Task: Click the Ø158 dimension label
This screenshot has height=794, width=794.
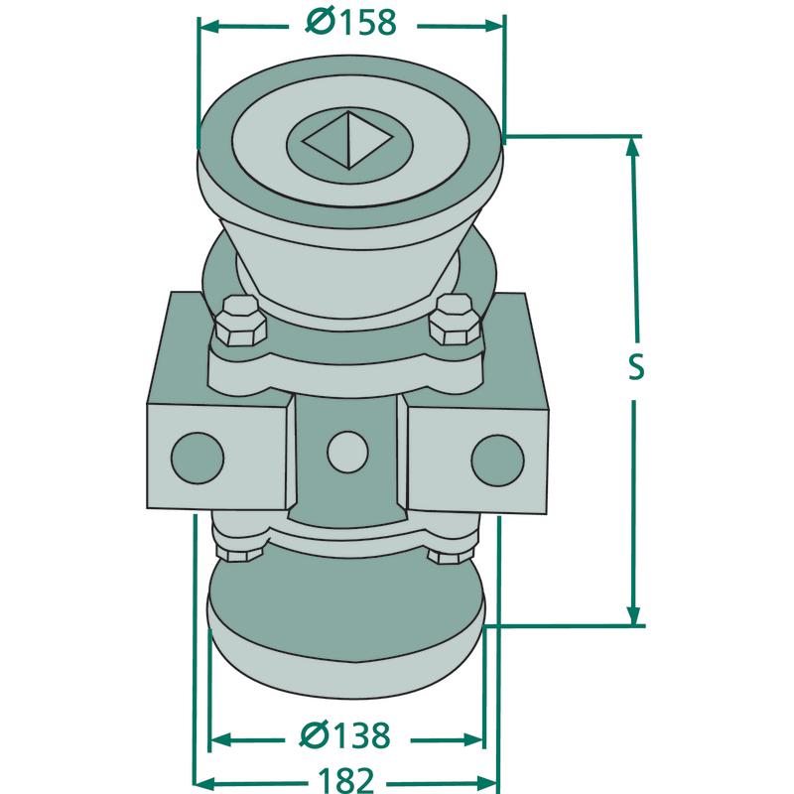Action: [x=351, y=23]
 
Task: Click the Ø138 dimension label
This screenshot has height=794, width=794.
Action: [x=345, y=735]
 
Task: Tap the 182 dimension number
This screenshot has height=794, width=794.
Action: [x=346, y=781]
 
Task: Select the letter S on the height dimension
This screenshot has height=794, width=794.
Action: [x=635, y=367]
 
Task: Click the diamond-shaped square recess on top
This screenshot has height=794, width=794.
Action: [x=349, y=140]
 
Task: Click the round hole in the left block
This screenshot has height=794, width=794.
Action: [x=198, y=458]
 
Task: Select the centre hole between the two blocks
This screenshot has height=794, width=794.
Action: [x=347, y=452]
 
